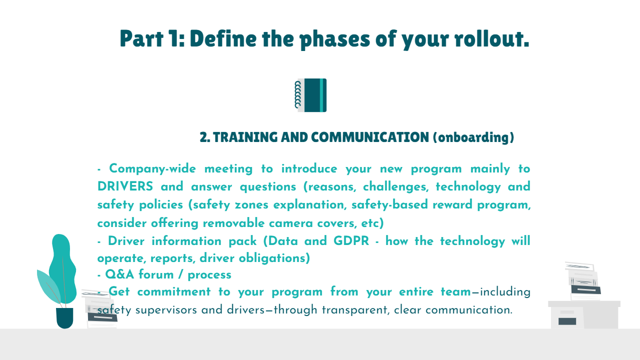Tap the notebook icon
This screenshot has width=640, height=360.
pyautogui.click(x=310, y=95)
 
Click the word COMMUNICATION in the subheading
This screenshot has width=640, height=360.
pyautogui.click(x=369, y=137)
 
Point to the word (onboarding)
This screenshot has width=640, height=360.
pyautogui.click(x=473, y=137)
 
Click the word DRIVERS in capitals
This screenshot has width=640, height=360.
pyautogui.click(x=125, y=186)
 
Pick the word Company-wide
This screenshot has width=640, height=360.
pyautogui.click(x=152, y=168)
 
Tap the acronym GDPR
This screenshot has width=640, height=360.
pyautogui.click(x=351, y=241)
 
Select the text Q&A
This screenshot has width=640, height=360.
pyautogui.click(x=119, y=274)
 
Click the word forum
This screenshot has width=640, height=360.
pyautogui.click(x=156, y=274)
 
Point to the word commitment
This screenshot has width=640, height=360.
pyautogui.click(x=174, y=291)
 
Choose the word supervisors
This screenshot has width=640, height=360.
pyautogui.click(x=166, y=310)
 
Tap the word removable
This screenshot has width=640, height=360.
pyautogui.click(x=233, y=223)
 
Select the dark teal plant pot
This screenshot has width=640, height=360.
pyautogui.click(x=64, y=317)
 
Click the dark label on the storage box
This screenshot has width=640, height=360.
pyautogui.click(x=567, y=321)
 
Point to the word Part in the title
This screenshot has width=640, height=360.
pyautogui.click(x=141, y=38)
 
